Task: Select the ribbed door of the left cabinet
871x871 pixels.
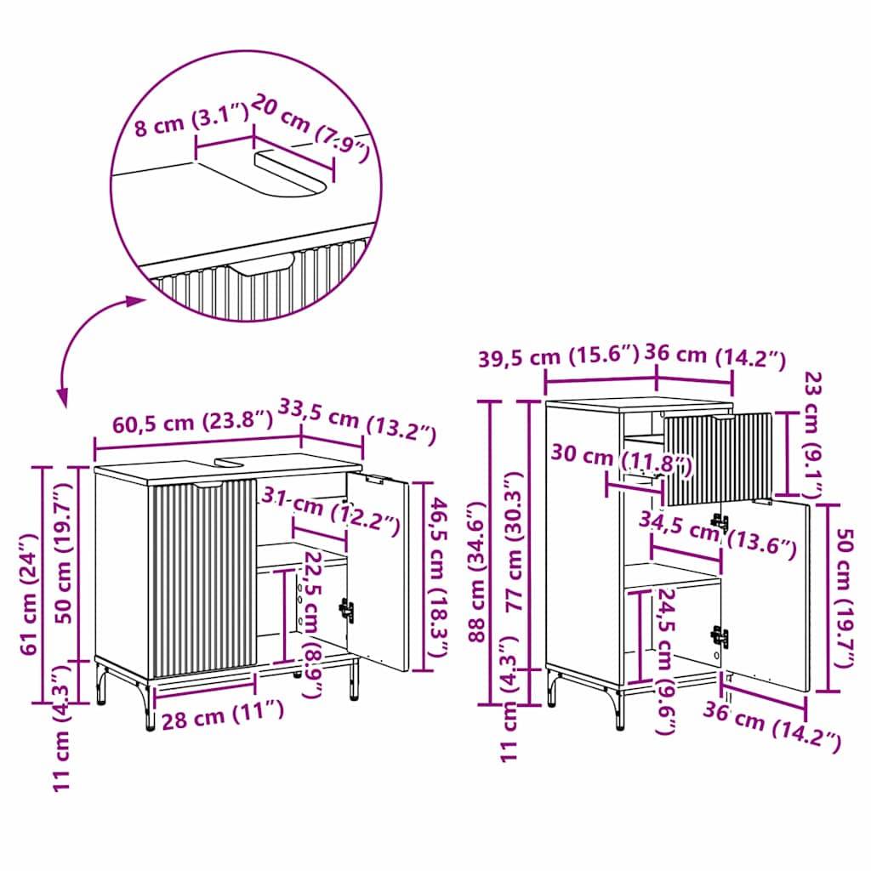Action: pos(202,578)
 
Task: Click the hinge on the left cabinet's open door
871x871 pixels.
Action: pos(346,609)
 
